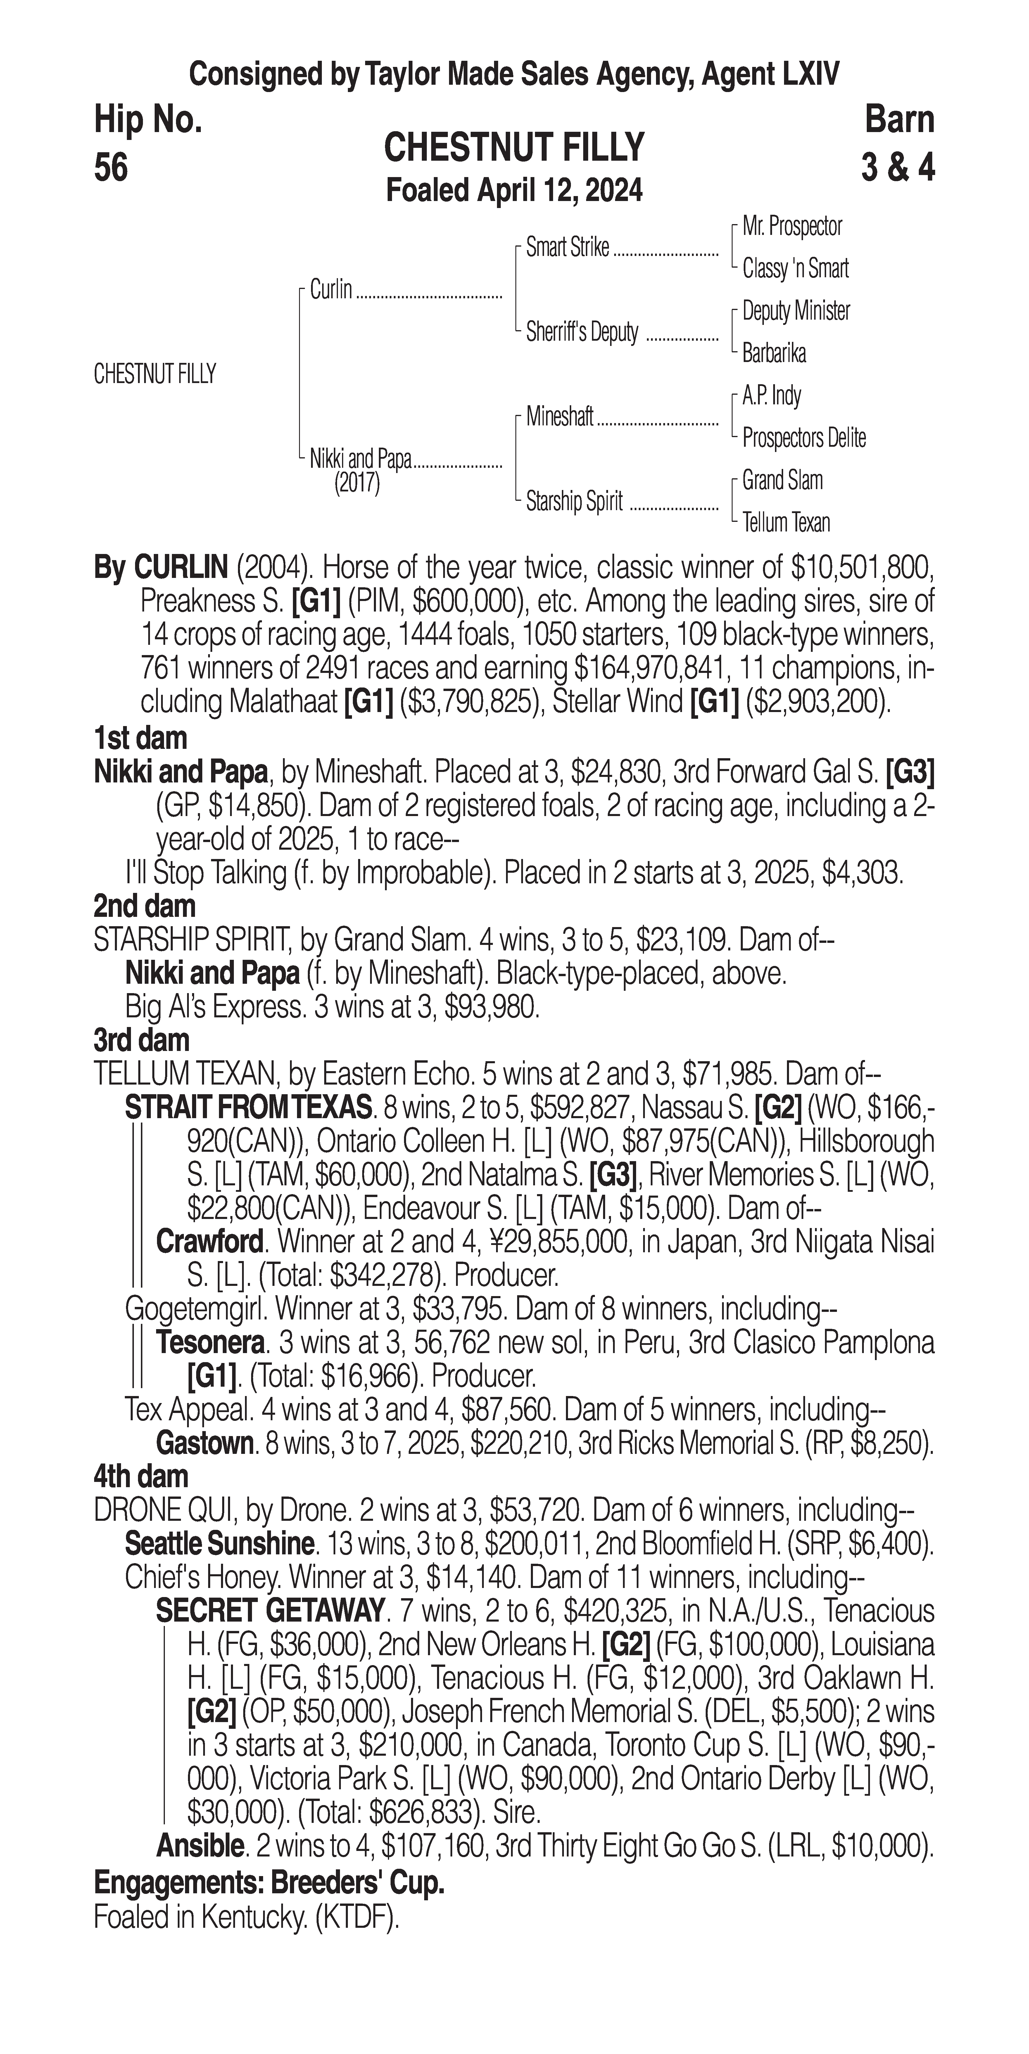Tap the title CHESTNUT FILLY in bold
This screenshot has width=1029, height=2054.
(514, 148)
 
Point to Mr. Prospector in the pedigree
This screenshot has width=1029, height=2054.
(792, 226)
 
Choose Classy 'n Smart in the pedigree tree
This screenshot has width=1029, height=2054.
(795, 269)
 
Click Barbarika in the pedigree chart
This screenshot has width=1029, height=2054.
(774, 353)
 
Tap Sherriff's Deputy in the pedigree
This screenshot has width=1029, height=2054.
(582, 332)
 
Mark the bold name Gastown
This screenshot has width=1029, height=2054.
(205, 1443)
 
